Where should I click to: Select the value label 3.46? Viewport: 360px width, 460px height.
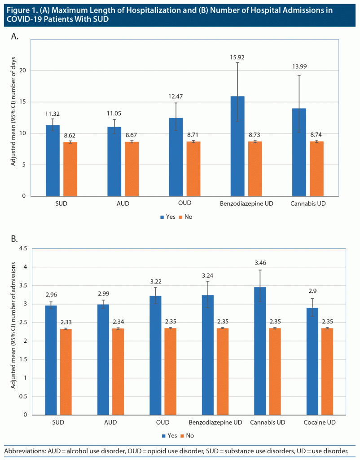pos(260,263)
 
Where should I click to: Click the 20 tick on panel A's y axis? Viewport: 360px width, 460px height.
pos(22,71)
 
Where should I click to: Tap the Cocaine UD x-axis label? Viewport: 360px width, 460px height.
pos(320,423)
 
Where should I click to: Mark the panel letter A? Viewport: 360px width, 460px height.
pos(14,37)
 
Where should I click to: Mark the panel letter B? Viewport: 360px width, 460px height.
pos(14,238)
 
